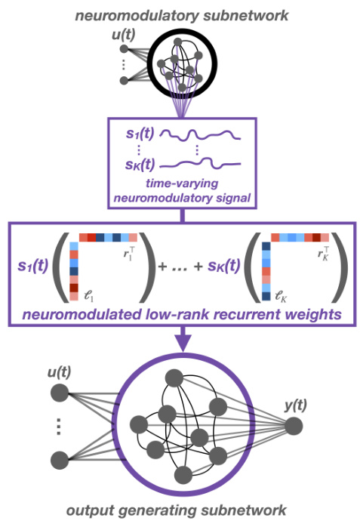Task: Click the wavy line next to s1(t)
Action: click(202, 137)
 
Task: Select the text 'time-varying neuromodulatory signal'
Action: click(181, 190)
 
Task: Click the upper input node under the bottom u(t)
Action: click(58, 393)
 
